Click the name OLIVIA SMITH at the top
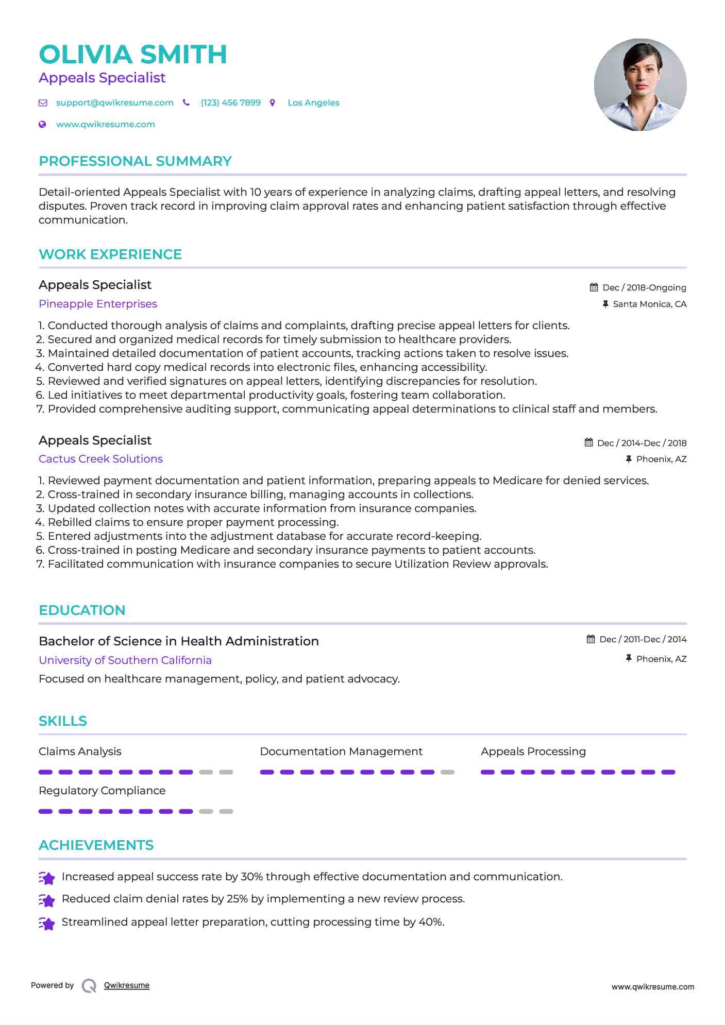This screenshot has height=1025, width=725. (x=133, y=55)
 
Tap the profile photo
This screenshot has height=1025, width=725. (x=640, y=84)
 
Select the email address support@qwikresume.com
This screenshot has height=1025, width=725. (x=114, y=103)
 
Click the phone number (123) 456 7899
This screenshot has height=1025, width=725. (x=230, y=103)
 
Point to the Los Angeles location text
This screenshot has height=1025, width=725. (x=313, y=103)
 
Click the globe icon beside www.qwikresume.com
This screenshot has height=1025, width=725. (x=43, y=125)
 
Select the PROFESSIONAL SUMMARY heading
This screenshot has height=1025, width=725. (x=135, y=161)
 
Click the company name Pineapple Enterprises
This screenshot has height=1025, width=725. (x=98, y=304)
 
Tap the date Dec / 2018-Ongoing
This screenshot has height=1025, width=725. (x=644, y=287)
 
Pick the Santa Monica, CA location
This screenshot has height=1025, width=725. (x=649, y=304)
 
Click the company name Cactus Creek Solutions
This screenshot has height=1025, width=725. (x=100, y=459)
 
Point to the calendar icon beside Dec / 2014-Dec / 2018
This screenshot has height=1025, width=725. (x=588, y=442)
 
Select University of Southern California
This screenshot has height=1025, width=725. (x=125, y=660)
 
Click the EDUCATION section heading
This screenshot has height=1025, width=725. (x=82, y=610)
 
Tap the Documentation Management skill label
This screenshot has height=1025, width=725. (x=341, y=751)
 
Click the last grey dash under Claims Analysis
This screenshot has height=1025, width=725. (x=226, y=772)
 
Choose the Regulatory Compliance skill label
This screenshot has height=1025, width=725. (x=102, y=791)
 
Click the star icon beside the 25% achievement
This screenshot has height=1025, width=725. (x=47, y=900)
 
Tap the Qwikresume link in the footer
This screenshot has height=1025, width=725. (x=127, y=985)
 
